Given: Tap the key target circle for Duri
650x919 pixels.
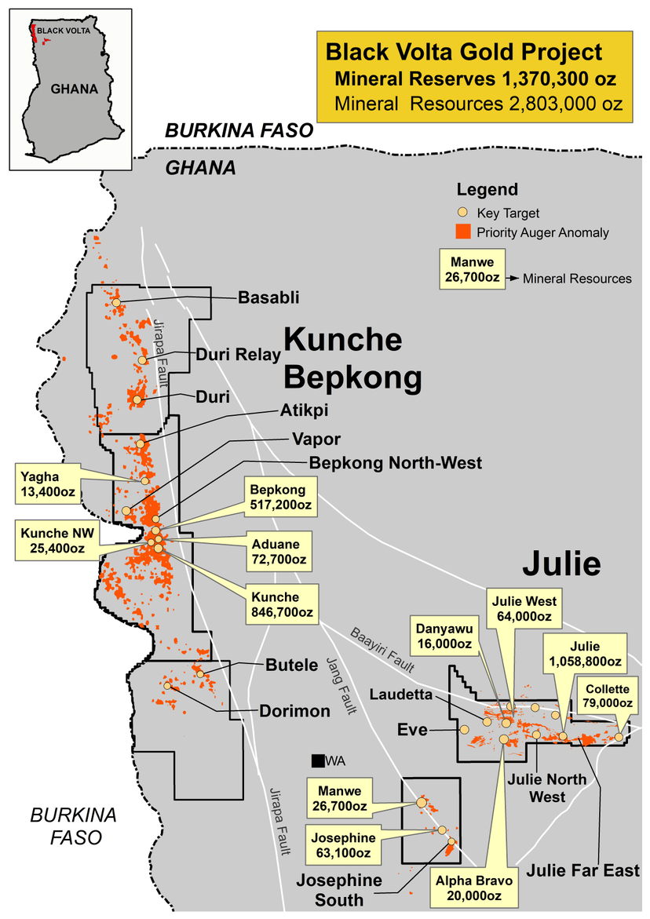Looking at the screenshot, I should coord(137,399).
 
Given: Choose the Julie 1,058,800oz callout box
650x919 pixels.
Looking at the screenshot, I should coord(584,655).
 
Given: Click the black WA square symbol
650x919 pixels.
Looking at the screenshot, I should coord(317,760).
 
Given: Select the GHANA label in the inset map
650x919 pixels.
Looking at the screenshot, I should coord(74,89).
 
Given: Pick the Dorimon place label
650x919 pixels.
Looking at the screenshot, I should coord(294,712).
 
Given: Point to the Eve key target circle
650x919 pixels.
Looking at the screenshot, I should coord(463,729).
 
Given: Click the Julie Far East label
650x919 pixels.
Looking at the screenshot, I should coord(583,870).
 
